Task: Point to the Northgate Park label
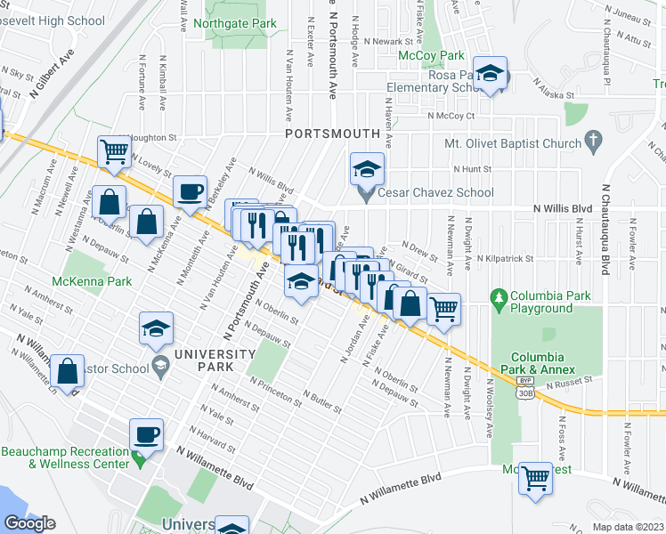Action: [x=234, y=24]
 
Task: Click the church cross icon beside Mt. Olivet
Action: [x=593, y=141]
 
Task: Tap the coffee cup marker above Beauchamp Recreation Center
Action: [x=147, y=435]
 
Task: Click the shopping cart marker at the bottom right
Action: [x=536, y=478]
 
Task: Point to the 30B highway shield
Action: [x=525, y=392]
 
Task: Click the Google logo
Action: [x=29, y=523]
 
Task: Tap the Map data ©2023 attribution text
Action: [x=628, y=527]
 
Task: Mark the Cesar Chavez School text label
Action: [x=435, y=191]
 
